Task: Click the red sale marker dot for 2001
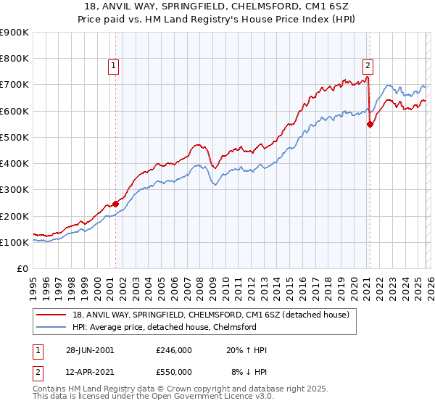116,204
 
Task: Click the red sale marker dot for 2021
370,124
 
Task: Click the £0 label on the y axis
22,269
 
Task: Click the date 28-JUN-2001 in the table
89,350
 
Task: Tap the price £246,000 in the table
173,350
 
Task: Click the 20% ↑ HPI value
248,350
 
